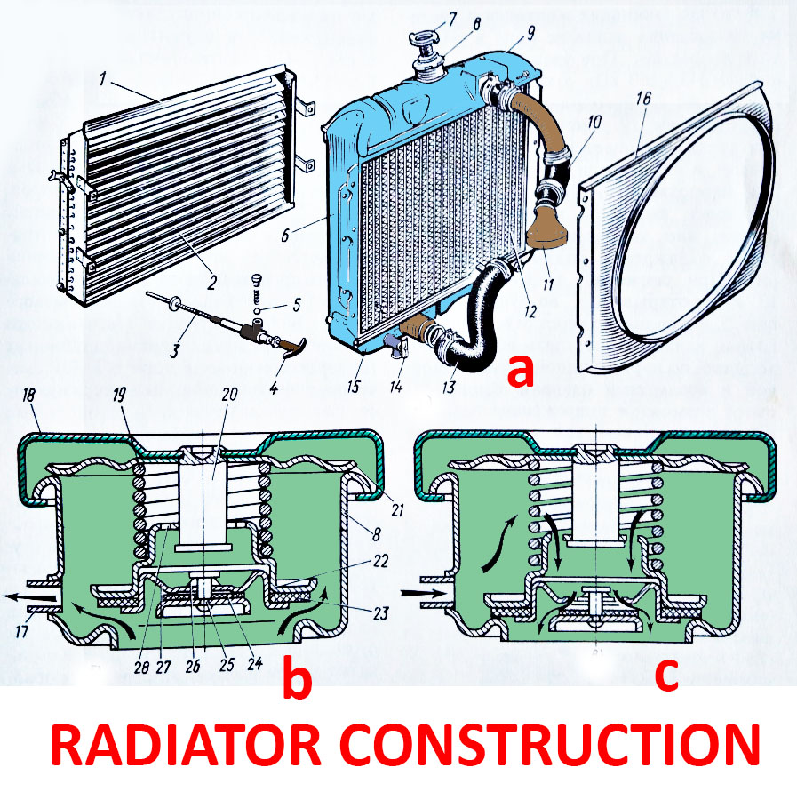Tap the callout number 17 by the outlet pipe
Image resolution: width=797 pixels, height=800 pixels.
tap(27, 630)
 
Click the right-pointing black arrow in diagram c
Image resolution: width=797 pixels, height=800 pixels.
tap(416, 588)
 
